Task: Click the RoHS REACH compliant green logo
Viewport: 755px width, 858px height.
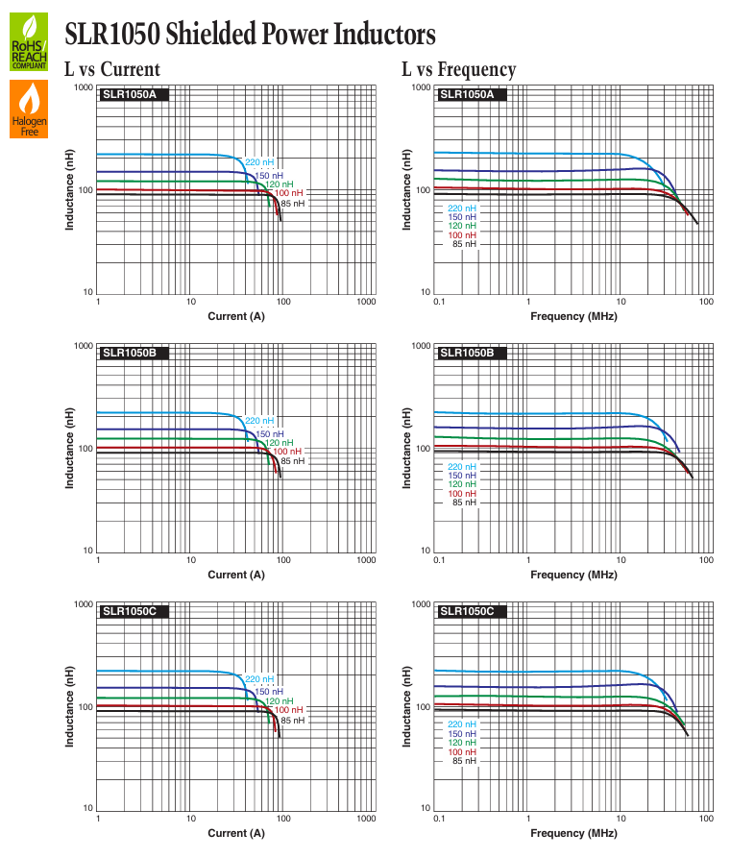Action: (x=29, y=41)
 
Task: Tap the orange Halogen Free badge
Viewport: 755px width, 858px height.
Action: (x=29, y=109)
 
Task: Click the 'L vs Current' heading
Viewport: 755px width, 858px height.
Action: (x=112, y=69)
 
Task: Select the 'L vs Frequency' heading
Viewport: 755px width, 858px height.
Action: (x=458, y=69)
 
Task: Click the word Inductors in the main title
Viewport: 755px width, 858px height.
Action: (x=384, y=34)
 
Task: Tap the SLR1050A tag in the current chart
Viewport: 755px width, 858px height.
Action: (x=133, y=94)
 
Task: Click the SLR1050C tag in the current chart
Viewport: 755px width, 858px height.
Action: (x=133, y=611)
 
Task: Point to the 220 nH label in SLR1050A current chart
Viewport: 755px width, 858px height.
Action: (x=259, y=162)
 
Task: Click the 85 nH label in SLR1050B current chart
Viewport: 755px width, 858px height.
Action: (x=293, y=461)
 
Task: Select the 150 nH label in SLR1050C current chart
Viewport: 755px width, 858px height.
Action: (x=269, y=692)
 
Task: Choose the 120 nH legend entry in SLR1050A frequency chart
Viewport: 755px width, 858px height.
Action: (x=462, y=226)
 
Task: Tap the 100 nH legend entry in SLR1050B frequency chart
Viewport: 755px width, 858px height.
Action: (x=462, y=494)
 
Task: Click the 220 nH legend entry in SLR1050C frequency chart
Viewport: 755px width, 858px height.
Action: (x=462, y=724)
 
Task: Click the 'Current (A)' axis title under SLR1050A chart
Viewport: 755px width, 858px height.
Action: (x=236, y=316)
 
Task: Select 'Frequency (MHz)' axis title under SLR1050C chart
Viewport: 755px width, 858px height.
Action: (x=573, y=833)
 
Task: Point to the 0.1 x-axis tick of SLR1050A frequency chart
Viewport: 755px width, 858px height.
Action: (x=439, y=302)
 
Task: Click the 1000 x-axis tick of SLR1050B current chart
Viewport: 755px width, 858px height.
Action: (x=367, y=560)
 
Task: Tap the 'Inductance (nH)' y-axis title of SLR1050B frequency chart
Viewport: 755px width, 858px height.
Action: (x=406, y=448)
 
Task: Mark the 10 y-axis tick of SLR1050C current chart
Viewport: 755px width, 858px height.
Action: (x=88, y=808)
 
